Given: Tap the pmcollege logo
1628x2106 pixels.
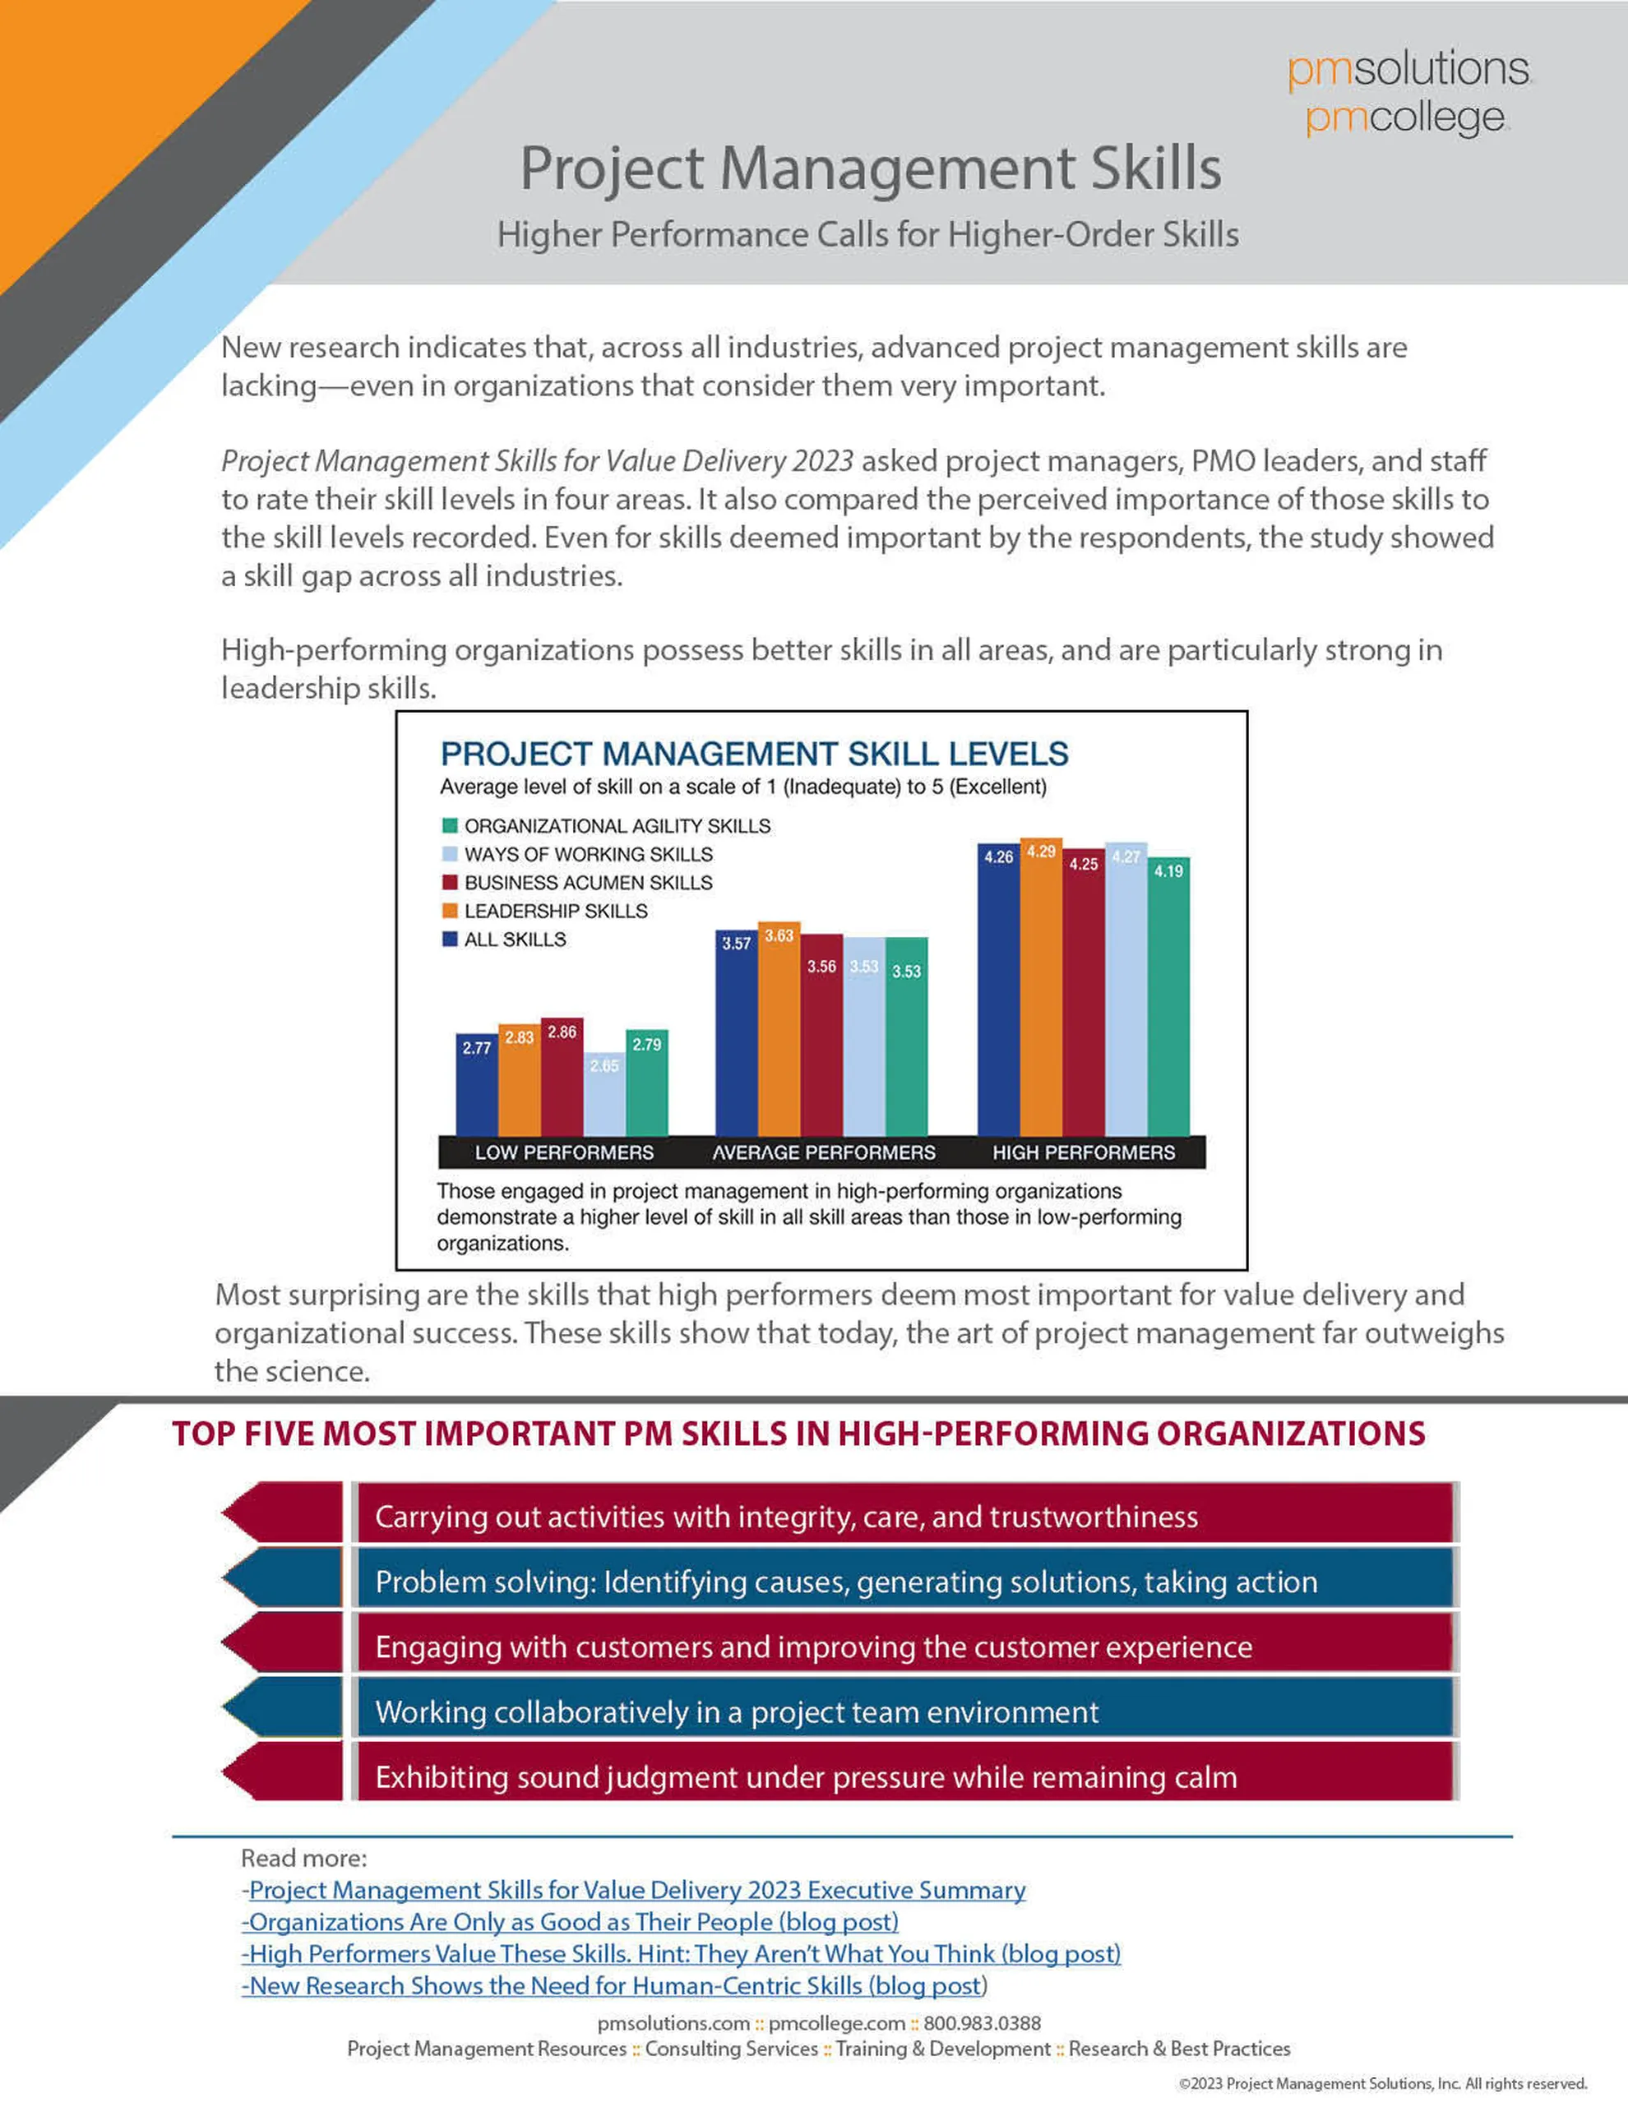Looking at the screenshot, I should [1405, 118].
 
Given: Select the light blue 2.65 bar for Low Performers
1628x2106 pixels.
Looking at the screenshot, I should [604, 1099].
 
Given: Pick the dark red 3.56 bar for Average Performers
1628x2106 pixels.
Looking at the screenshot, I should [821, 1041].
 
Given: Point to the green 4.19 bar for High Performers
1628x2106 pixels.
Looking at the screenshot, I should [1168, 1003].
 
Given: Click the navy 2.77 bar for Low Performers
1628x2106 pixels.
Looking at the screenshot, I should [476, 1090].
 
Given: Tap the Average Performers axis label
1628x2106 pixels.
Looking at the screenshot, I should [824, 1152].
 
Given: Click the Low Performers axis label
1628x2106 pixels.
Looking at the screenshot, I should [564, 1152].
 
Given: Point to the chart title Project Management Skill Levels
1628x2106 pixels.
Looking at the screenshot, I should [754, 754].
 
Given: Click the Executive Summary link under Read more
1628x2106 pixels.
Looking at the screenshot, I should [636, 1890].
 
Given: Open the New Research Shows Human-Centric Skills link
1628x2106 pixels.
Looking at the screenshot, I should [613, 1985].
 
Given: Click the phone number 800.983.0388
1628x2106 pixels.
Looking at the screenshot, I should [982, 2023].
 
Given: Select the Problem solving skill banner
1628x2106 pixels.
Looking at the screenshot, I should [904, 1582].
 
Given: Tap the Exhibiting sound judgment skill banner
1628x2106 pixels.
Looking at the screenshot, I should [904, 1777].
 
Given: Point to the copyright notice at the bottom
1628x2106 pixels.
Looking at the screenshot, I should [1382, 2084].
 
